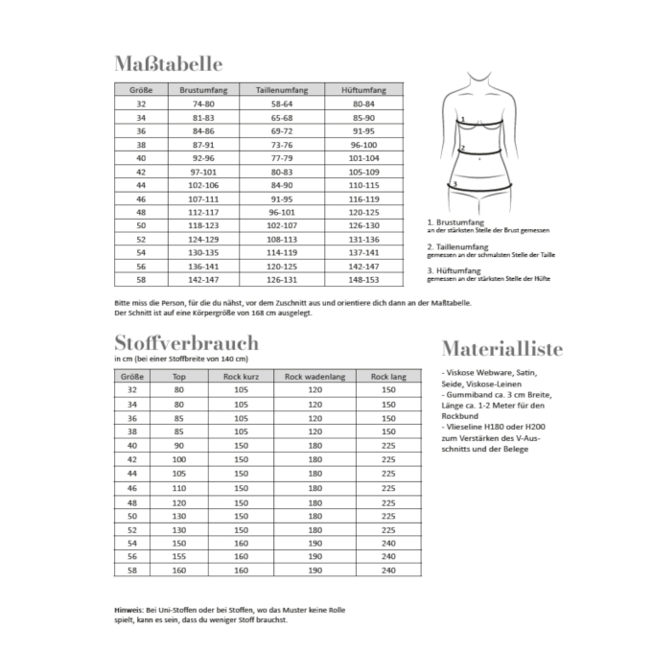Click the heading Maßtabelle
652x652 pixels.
tap(167, 64)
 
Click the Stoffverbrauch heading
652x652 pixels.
tap(185, 342)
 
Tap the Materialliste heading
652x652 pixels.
tap(501, 347)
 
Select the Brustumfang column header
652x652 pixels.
tap(203, 89)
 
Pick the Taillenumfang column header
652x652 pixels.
tap(281, 89)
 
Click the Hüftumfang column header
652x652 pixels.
tap(364, 89)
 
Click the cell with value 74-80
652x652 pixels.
tap(203, 103)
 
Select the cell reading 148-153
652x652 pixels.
tap(364, 281)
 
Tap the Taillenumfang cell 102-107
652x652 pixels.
tap(281, 226)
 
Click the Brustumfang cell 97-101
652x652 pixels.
tap(203, 171)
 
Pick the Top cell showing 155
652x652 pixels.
tap(178, 556)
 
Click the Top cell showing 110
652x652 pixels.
tap(178, 488)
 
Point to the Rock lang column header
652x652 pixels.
tap(387, 377)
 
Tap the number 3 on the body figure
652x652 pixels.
tap(455, 183)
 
